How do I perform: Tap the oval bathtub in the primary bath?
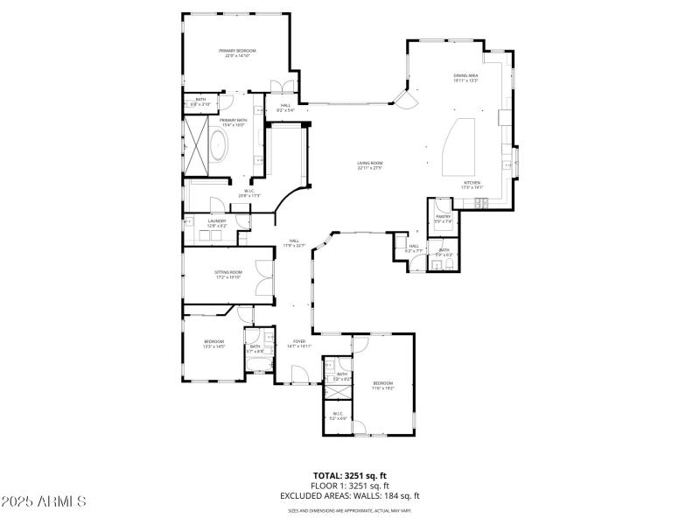(215, 148)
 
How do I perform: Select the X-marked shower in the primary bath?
(193, 141)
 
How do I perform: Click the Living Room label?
(370, 164)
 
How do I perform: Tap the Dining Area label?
(465, 77)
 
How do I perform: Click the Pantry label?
(443, 218)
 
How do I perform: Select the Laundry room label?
(217, 222)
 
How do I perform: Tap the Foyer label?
(299, 344)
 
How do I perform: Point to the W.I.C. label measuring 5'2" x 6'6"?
(338, 416)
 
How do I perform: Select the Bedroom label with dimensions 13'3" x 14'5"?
(214, 343)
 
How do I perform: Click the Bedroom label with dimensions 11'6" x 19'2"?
(383, 385)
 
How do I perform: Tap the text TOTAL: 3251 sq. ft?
(349, 476)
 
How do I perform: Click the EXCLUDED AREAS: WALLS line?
(349, 495)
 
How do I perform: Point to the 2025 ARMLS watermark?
(44, 502)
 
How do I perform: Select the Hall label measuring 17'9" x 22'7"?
(295, 244)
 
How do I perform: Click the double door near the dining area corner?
(405, 98)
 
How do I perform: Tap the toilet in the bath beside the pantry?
(448, 264)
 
